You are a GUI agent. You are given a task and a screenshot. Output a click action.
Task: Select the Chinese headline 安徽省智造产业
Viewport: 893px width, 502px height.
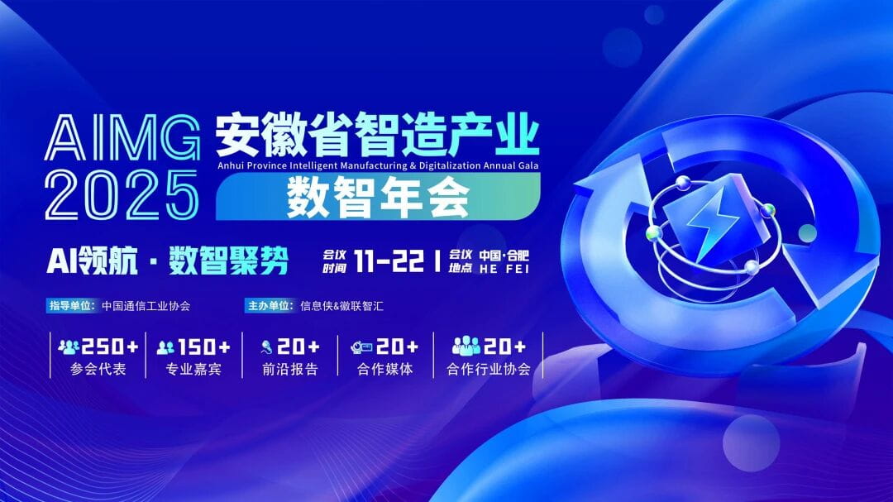377,136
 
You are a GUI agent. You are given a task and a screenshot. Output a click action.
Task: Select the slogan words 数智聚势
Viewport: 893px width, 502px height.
229,262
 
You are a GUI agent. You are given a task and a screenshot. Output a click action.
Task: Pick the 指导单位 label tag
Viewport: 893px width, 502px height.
72,305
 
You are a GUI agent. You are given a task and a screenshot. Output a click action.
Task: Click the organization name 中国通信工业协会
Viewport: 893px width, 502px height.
146,305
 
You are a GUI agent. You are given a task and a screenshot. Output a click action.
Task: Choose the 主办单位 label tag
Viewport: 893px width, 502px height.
270,305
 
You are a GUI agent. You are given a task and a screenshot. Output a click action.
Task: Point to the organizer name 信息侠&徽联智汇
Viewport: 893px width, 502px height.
342,305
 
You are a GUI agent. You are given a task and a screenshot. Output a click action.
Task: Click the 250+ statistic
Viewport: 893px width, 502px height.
109,347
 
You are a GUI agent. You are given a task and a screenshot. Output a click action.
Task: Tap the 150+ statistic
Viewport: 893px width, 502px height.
203,347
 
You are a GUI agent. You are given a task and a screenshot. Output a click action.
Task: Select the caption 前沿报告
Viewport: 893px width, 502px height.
289,370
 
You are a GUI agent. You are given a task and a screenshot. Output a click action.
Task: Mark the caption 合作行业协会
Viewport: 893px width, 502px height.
488,370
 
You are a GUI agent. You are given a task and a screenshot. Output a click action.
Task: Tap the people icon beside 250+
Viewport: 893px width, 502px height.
69,347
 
